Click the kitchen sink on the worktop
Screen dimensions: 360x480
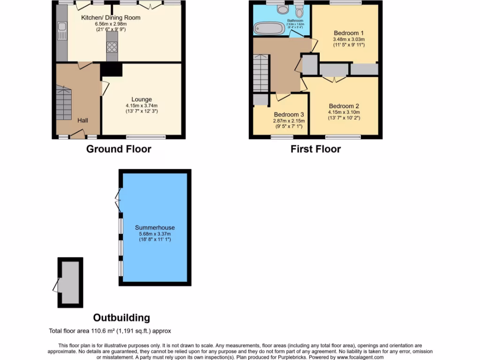coord(62,32)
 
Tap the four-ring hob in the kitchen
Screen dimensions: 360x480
coord(112,47)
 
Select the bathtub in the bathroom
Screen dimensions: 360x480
coord(270,29)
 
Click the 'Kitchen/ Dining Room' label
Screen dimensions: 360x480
coord(111,18)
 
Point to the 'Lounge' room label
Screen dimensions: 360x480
coord(141,99)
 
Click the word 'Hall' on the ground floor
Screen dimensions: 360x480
coord(82,120)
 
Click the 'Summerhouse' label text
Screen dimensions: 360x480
coord(155,228)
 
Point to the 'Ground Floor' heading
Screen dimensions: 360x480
coord(119,149)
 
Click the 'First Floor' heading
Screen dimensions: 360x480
coord(315,149)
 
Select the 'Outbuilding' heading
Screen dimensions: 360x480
coord(121,318)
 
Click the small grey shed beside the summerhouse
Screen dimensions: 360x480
coord(70,283)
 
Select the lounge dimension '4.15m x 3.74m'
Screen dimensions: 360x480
coord(141,105)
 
